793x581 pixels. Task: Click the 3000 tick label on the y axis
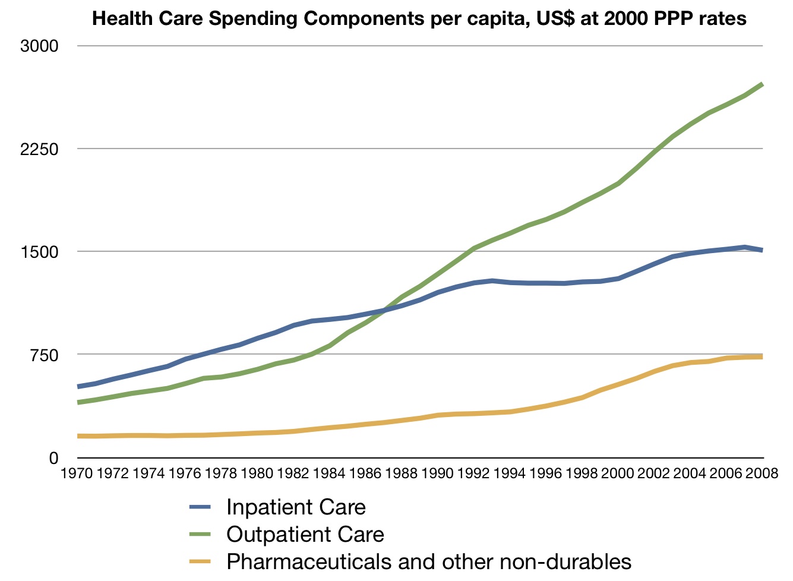(x=39, y=46)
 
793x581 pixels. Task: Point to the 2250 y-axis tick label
(x=39, y=149)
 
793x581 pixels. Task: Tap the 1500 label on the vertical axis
(x=39, y=252)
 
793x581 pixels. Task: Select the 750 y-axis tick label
(x=45, y=355)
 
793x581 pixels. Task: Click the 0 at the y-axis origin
(x=53, y=457)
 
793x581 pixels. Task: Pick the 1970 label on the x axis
(x=78, y=473)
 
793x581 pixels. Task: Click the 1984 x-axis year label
(x=329, y=473)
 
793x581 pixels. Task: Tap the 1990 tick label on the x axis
(x=437, y=473)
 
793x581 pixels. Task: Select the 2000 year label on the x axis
(x=618, y=473)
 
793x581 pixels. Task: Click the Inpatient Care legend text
(x=296, y=507)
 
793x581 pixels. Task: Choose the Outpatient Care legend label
(x=305, y=535)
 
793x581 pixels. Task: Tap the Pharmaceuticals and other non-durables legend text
(x=429, y=561)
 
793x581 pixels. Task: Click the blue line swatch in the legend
(x=200, y=507)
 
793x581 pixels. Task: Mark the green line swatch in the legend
(x=200, y=535)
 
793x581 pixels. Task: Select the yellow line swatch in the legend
(x=200, y=561)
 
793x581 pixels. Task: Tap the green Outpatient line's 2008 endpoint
(x=762, y=84)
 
